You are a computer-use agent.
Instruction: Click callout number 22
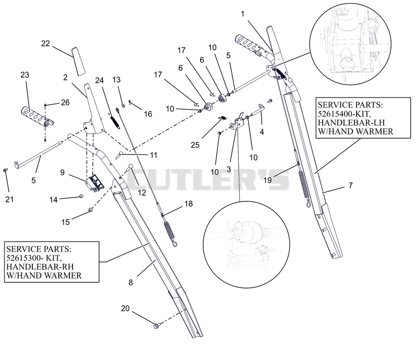point(45,43)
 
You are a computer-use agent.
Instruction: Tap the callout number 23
point(24,75)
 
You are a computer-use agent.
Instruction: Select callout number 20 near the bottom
point(125,308)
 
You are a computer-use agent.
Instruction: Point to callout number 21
point(9,199)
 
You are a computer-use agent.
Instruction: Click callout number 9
point(62,172)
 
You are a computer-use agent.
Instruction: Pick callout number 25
point(195,145)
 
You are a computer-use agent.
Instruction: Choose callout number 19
point(267,181)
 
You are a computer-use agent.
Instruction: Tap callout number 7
point(350,185)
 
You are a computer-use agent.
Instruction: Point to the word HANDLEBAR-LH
point(351,123)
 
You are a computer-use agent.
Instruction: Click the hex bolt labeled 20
point(157,326)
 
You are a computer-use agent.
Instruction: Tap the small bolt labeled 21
point(5,170)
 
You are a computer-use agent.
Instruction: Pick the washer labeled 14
point(81,196)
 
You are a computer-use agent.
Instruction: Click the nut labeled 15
point(90,210)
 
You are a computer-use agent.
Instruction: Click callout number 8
point(130,282)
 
